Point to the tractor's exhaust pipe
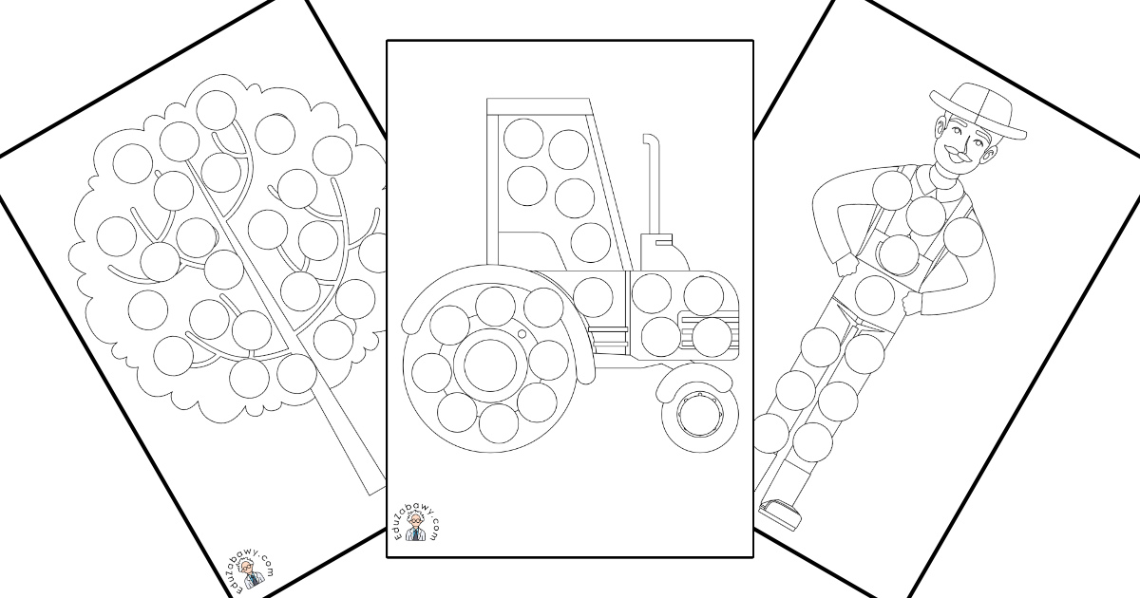(652, 184)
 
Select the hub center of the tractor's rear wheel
(490, 364)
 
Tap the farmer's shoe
(780, 514)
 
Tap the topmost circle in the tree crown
(216, 110)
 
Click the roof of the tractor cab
(539, 105)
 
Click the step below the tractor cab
(608, 338)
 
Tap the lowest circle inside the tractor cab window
(590, 243)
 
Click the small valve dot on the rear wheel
(522, 334)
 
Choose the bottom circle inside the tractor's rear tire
(498, 422)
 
